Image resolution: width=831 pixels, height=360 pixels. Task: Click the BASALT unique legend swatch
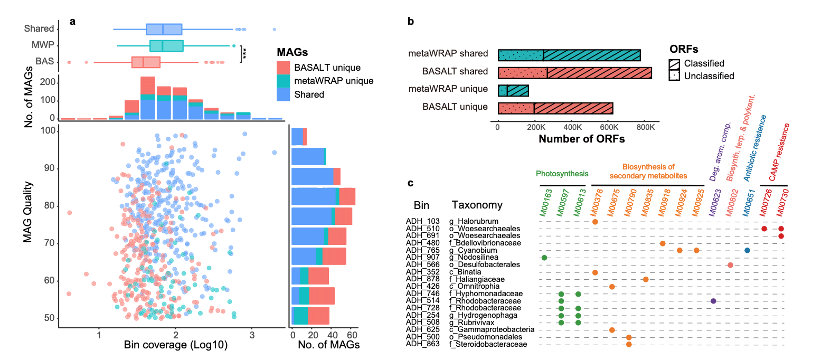[x=284, y=68]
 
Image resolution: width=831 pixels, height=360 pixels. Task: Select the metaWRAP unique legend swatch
[x=284, y=81]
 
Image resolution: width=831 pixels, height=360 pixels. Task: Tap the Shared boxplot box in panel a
[x=164, y=29]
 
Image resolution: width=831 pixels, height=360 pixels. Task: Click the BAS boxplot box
[x=146, y=62]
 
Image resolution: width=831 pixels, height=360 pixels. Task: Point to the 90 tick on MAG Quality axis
[x=49, y=168]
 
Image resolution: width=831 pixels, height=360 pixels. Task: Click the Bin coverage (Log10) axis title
[x=175, y=345]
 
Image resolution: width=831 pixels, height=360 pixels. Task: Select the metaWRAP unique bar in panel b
[x=513, y=90]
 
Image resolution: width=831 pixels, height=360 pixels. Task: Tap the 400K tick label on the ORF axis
[x=572, y=127]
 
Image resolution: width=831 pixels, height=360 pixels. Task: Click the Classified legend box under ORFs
[x=674, y=64]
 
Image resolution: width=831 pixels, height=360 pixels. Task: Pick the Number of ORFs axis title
[x=581, y=139]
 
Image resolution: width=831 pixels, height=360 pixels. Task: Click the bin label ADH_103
[x=422, y=221]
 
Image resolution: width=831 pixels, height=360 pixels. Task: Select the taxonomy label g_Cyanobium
[x=473, y=250]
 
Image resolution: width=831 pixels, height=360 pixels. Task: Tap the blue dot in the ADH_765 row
[x=747, y=250]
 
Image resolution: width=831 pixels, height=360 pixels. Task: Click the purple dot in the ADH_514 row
[x=713, y=301]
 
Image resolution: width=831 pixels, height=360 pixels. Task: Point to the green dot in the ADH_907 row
[x=544, y=258]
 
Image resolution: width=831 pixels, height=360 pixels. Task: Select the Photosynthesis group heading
[x=562, y=174]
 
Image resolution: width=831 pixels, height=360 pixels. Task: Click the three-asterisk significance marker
[x=244, y=53]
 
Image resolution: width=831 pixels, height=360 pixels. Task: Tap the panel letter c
[x=410, y=183]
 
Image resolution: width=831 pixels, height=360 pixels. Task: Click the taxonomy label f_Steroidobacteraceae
[x=488, y=344]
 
